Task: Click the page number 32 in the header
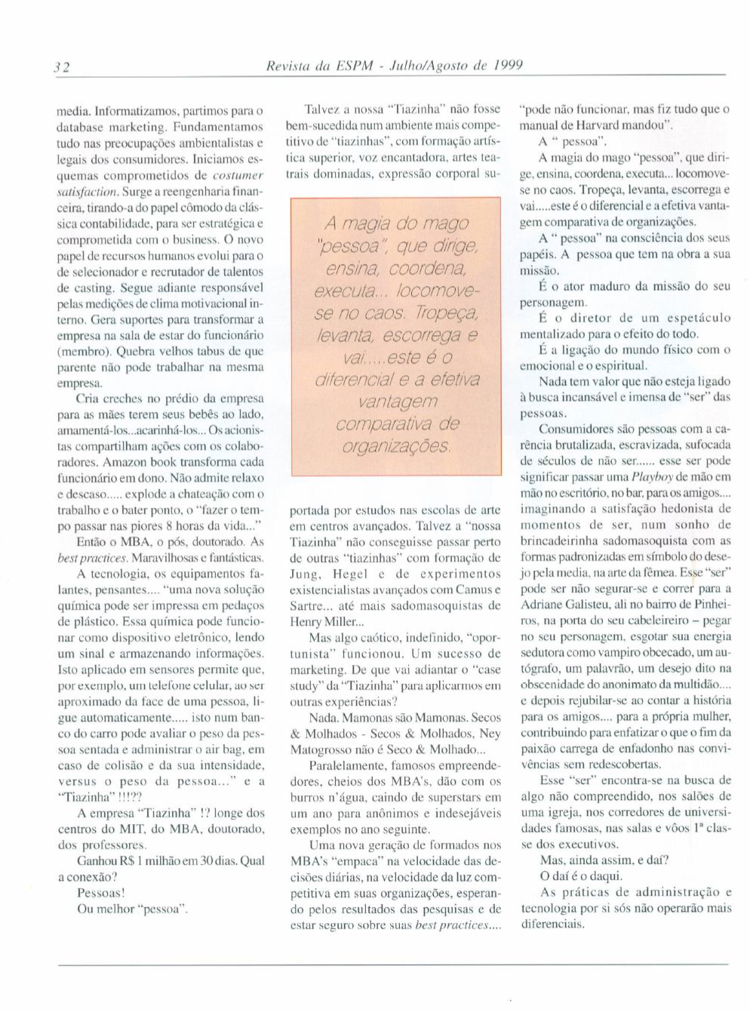[x=62, y=67]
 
